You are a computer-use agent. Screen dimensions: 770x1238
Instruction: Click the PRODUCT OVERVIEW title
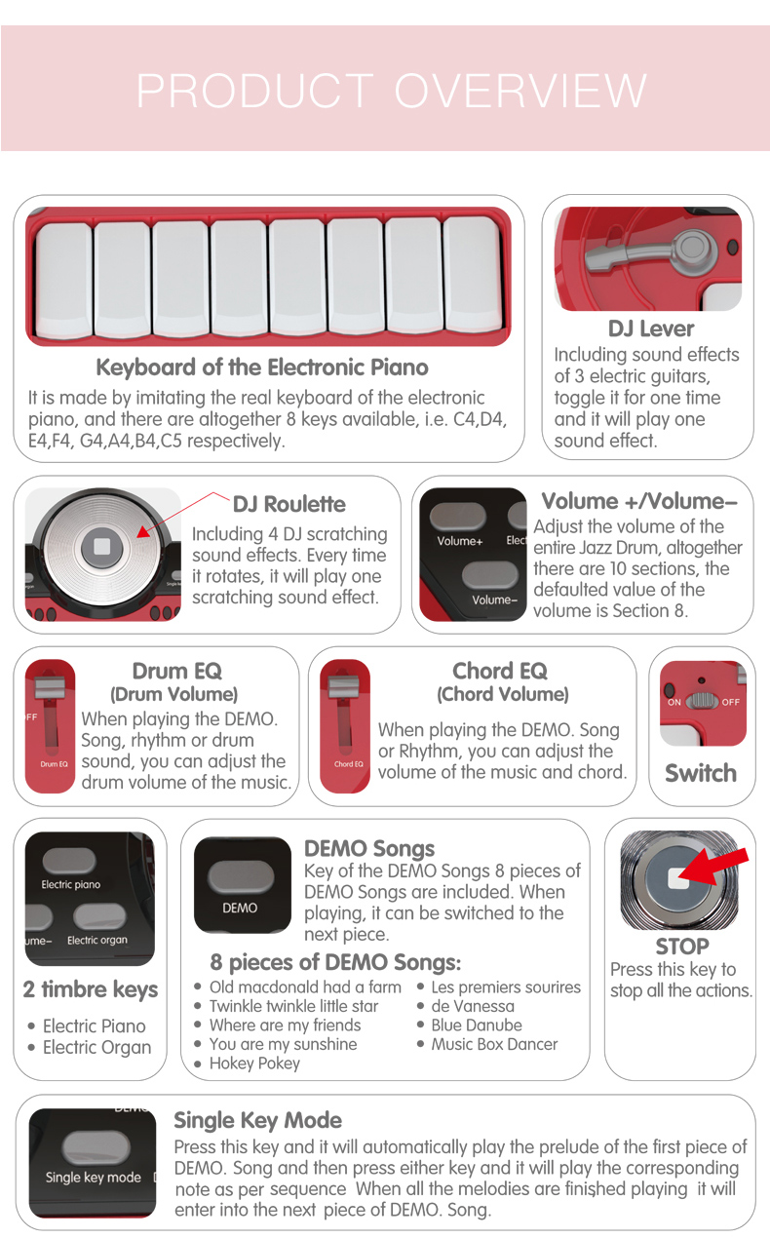[x=391, y=90]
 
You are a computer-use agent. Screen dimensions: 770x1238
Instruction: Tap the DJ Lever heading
[x=651, y=329]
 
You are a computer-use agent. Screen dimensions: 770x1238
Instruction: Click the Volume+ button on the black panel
[x=458, y=517]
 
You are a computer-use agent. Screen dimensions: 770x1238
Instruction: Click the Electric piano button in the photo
[x=69, y=861]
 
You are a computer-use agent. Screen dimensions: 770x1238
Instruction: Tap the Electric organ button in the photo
[x=100, y=916]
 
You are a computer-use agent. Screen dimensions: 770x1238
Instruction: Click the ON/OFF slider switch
[x=702, y=700]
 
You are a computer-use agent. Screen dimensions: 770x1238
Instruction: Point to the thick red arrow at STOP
[x=713, y=866]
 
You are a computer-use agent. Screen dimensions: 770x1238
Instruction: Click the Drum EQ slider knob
[x=50, y=686]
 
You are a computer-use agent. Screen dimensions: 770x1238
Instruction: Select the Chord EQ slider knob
[x=344, y=686]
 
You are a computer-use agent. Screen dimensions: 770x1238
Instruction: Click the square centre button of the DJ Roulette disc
[x=102, y=547]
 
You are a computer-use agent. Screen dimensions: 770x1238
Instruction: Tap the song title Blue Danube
[x=477, y=1025]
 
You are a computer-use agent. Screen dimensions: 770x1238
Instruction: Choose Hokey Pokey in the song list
[x=254, y=1063]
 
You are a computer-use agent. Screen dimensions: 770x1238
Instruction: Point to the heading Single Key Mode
[x=257, y=1120]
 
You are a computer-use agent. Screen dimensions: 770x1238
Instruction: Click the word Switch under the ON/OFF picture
[x=701, y=773]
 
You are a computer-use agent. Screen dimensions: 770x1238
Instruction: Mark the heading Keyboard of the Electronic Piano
[x=262, y=367]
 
